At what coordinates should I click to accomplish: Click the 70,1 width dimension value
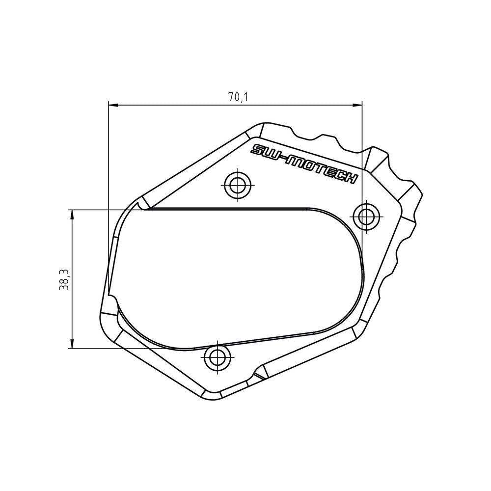click(238, 97)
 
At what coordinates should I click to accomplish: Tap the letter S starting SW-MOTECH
click(257, 150)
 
